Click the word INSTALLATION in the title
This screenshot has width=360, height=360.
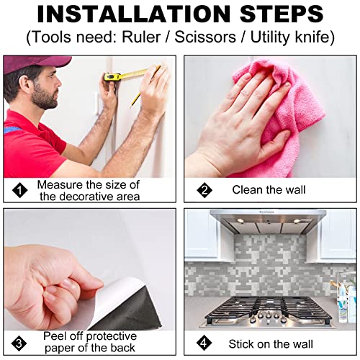click(x=133, y=14)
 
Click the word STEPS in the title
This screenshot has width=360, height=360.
click(x=282, y=14)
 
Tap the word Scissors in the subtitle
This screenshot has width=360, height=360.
click(x=205, y=37)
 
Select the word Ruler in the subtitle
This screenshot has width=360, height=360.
click(x=141, y=37)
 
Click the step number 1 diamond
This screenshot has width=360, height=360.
click(x=20, y=190)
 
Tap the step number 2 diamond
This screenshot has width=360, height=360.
click(x=204, y=190)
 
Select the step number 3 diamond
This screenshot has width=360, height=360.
click(x=19, y=343)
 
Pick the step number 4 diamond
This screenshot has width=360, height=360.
click(x=204, y=343)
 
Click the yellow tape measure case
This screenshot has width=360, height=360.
click(x=112, y=77)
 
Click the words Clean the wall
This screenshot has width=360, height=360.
click(x=269, y=190)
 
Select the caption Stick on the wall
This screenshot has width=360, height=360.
click(x=271, y=344)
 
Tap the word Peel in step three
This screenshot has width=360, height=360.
click(x=54, y=336)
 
